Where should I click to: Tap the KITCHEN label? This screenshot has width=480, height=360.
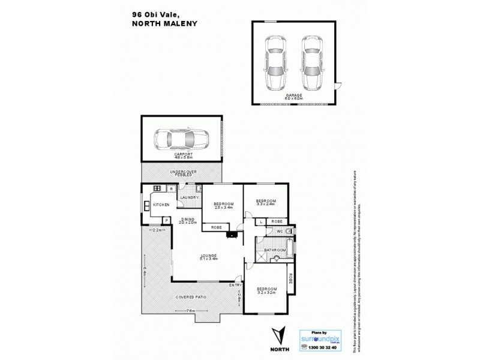pos(161,205)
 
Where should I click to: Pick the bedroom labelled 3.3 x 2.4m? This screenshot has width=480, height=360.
pos(265,202)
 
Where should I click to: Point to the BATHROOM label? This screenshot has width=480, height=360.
pos(274,250)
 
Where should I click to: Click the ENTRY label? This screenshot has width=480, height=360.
pos(235,285)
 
